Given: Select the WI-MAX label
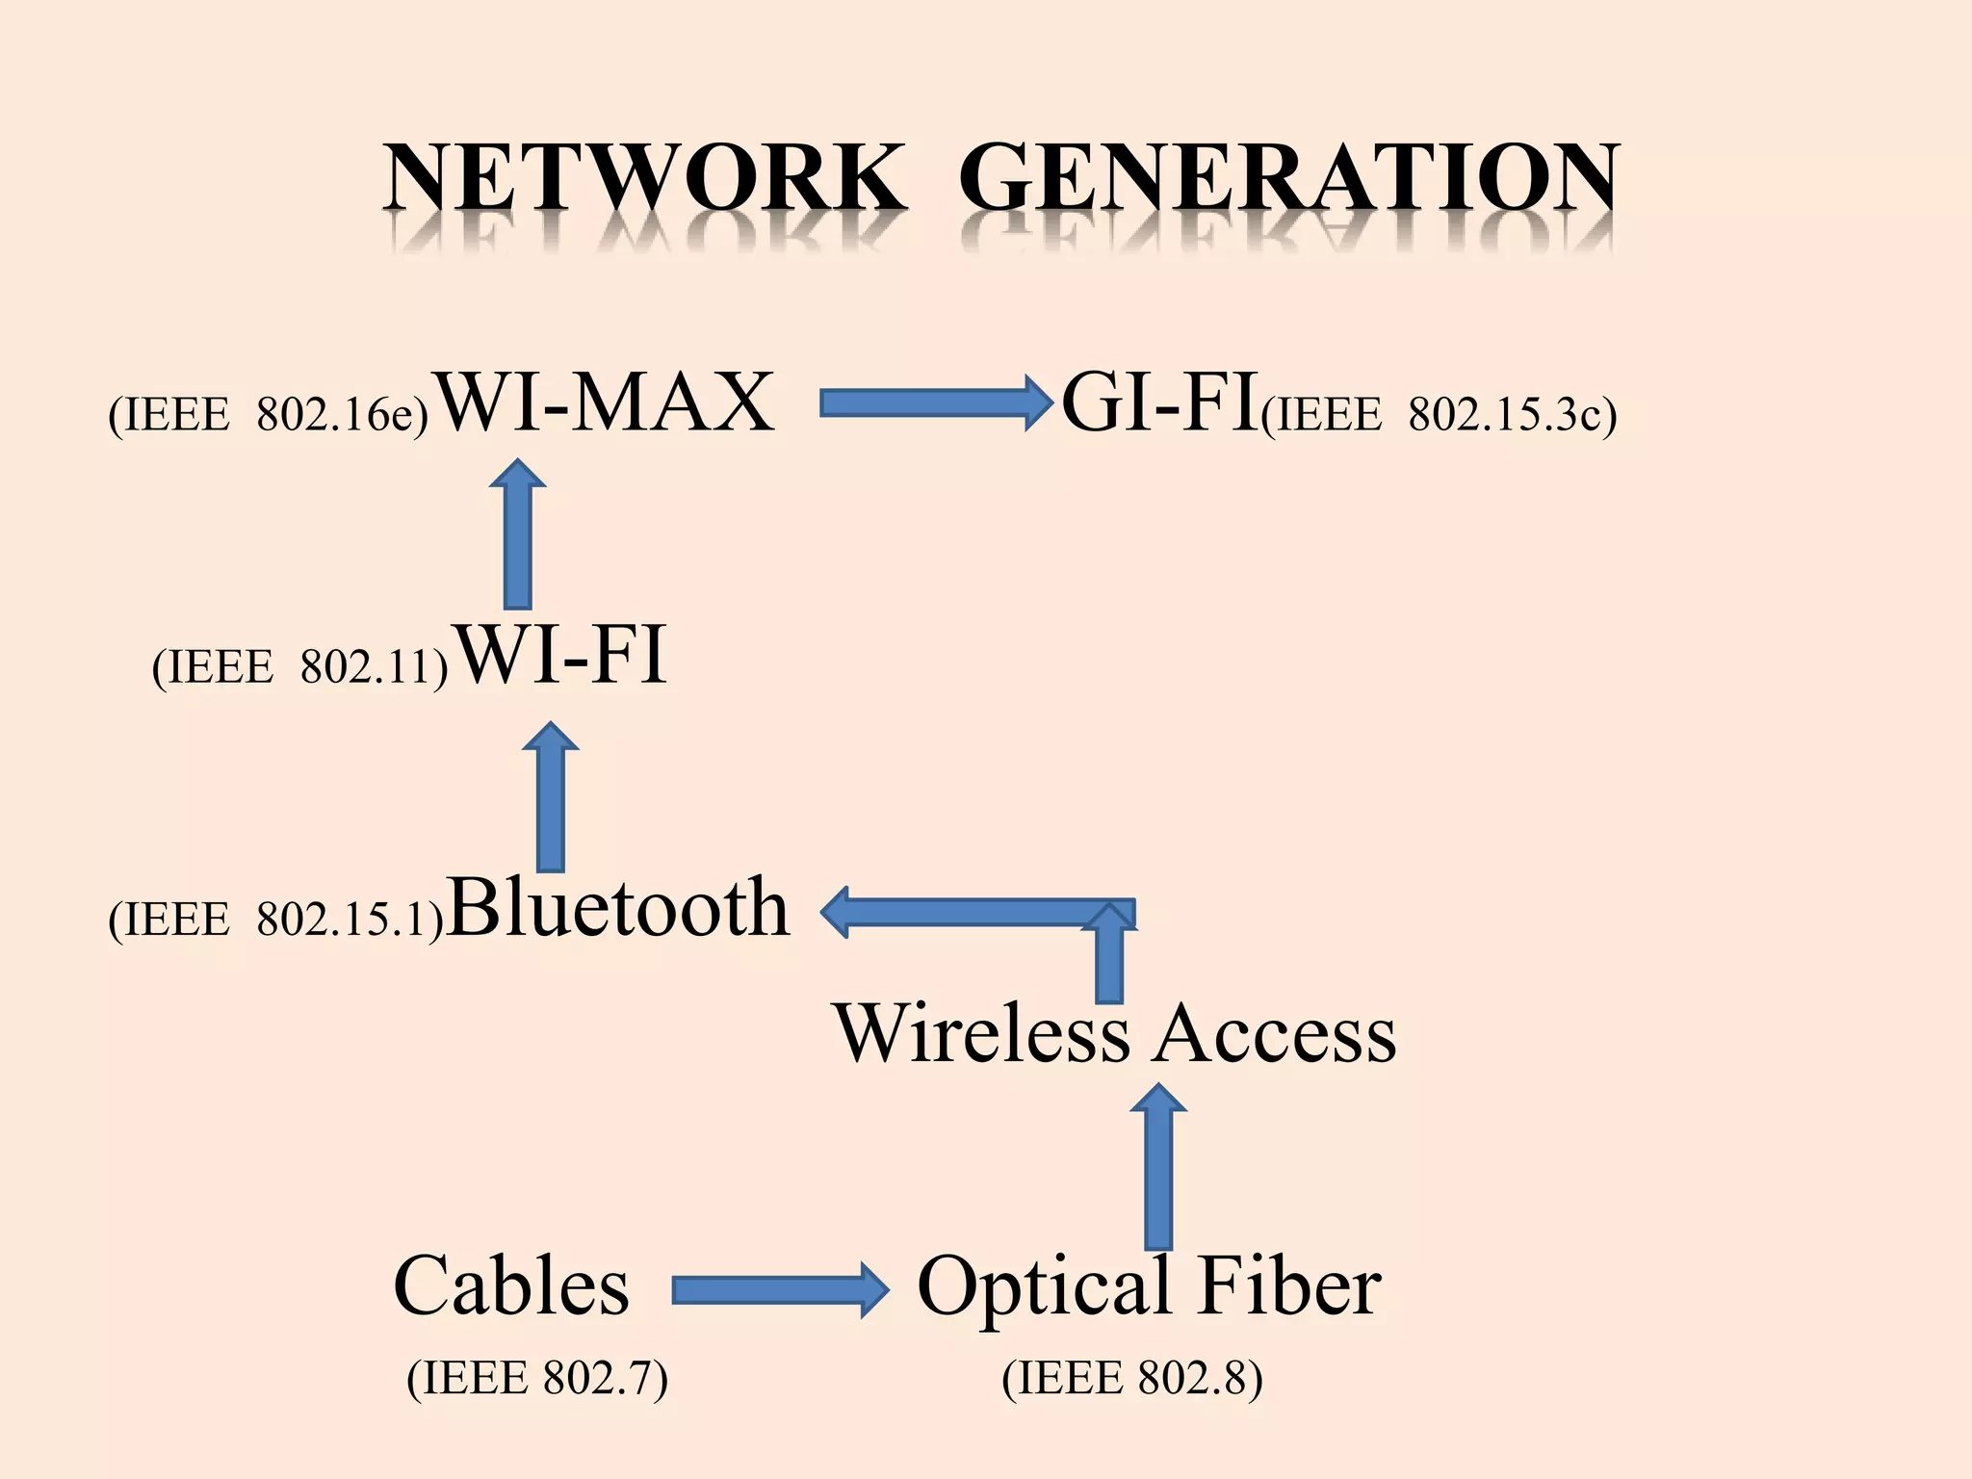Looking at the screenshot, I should (x=605, y=402).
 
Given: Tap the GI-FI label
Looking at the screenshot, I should (x=1159, y=402).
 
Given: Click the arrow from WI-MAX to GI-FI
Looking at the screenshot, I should (x=934, y=403).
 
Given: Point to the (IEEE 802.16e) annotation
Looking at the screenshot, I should (x=268, y=415).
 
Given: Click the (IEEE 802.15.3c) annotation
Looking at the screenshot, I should (x=1439, y=415).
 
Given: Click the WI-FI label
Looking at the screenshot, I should (x=560, y=656).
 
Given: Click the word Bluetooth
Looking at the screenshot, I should (x=618, y=907).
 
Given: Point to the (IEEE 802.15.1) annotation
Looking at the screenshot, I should (x=275, y=919).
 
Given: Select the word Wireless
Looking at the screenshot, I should (x=982, y=1033).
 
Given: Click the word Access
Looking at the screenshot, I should (x=1275, y=1033).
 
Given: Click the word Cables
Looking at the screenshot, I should (x=511, y=1286).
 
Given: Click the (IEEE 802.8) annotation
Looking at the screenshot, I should (x=1132, y=1378).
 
